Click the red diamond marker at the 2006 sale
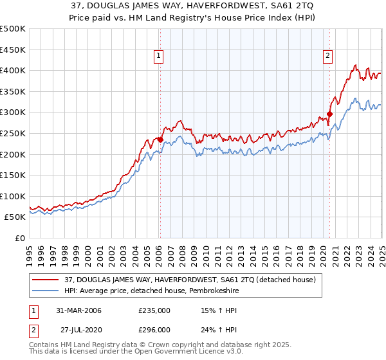click(x=160, y=139)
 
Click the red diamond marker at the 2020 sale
click(x=329, y=114)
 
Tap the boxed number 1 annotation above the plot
click(x=158, y=57)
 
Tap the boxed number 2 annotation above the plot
click(x=327, y=57)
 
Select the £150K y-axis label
click(x=13, y=175)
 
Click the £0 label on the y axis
click(x=19, y=238)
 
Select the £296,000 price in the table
click(x=154, y=330)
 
